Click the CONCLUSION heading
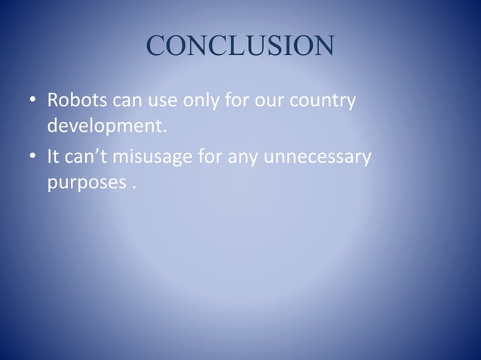pyautogui.click(x=240, y=46)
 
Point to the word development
pyautogui.click(x=105, y=124)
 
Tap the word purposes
pyautogui.click(x=82, y=183)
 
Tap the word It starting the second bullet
pyautogui.click(x=55, y=159)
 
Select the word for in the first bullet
pyautogui.click(x=236, y=100)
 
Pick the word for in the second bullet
pyautogui.click(x=215, y=159)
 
